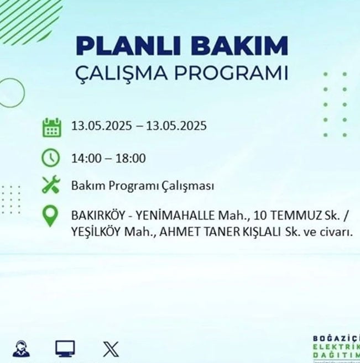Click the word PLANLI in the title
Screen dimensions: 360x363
click(128, 46)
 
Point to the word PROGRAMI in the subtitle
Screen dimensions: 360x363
click(231, 73)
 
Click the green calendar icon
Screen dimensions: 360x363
click(52, 128)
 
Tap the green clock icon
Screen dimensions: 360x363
click(50, 158)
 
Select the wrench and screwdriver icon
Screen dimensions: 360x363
click(51, 185)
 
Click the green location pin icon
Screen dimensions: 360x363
click(50, 216)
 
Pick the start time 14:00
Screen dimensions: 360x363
click(86, 159)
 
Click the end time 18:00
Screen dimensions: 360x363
click(131, 159)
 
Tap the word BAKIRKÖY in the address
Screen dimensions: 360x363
click(98, 215)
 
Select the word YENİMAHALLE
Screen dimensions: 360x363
click(175, 215)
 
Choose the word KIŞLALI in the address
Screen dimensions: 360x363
click(262, 232)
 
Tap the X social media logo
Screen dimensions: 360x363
click(111, 349)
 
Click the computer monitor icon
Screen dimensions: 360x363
click(65, 349)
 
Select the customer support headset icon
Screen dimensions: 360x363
click(21, 349)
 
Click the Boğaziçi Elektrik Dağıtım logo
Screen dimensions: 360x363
click(336, 348)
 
